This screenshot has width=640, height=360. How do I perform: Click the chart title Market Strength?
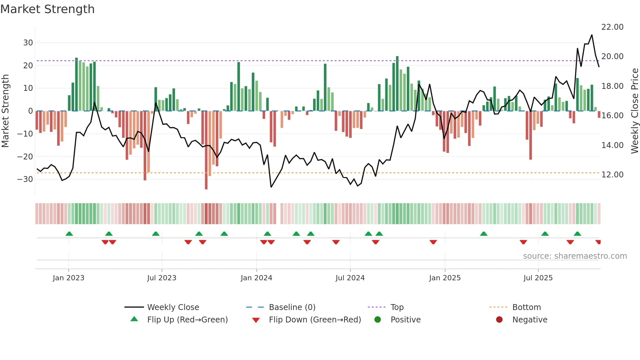pyautogui.click(x=47, y=9)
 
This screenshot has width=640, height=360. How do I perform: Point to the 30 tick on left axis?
pyautogui.click(x=28, y=43)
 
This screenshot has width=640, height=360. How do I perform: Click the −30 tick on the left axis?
pyautogui.click(x=25, y=179)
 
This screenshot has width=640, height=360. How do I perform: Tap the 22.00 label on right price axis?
pyautogui.click(x=612, y=27)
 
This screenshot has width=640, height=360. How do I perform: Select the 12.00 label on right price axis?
pyautogui.click(x=612, y=175)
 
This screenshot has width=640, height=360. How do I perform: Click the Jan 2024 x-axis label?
pyautogui.click(x=256, y=278)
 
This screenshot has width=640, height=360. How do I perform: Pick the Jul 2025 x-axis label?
pyautogui.click(x=538, y=278)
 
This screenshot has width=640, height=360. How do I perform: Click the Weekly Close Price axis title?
pyautogui.click(x=634, y=111)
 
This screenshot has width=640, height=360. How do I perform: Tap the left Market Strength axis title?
pyautogui.click(x=6, y=111)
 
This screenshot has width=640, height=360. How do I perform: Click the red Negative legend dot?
pyautogui.click(x=499, y=320)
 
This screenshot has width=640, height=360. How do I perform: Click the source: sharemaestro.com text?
pyautogui.click(x=575, y=256)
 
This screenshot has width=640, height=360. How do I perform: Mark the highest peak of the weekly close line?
pyautogui.click(x=592, y=35)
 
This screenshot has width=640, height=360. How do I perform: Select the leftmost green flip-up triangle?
pyautogui.click(x=69, y=234)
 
